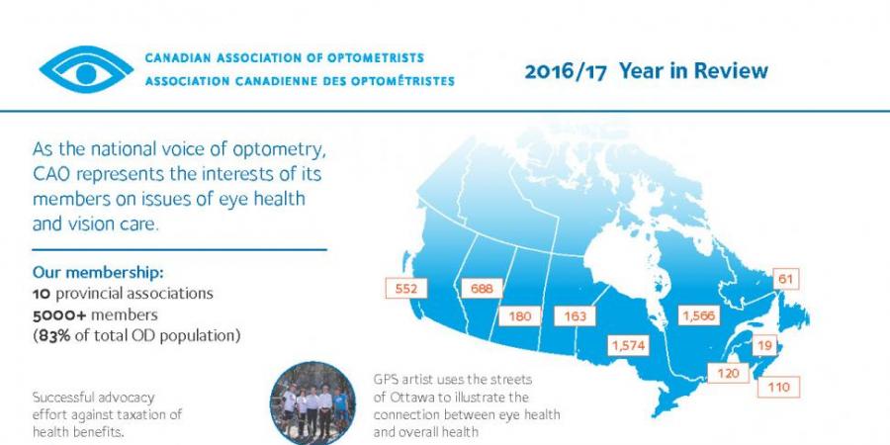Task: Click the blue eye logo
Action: point(86,69)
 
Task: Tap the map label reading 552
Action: point(405,289)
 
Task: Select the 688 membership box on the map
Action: point(482,289)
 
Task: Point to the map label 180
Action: point(520,315)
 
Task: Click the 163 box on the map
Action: point(575,315)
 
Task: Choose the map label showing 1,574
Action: point(629,344)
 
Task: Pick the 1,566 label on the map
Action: point(699,315)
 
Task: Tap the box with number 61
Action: point(785,279)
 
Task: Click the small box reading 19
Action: point(764,345)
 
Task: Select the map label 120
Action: point(728,373)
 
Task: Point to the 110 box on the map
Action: point(779,387)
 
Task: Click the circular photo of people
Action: point(312,403)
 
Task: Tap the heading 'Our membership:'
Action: point(98,273)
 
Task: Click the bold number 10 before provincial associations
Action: point(41,294)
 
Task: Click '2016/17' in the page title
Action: point(566,71)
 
